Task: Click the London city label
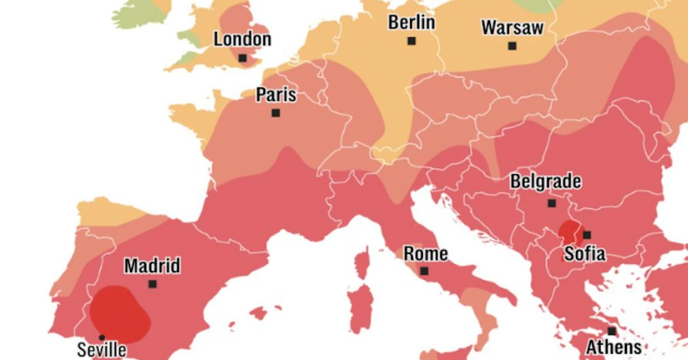(242, 40)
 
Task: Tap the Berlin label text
(411, 23)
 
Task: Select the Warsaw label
(512, 28)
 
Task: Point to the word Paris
(276, 95)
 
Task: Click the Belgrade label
(546, 182)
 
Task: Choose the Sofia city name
(584, 253)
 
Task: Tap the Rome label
(425, 254)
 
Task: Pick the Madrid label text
(152, 266)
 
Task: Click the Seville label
(101, 350)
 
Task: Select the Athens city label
(613, 347)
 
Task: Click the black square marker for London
(243, 58)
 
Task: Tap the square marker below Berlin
(411, 41)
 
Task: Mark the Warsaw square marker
(512, 46)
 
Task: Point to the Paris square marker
(276, 113)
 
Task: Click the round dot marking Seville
(101, 337)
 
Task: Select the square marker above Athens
(612, 331)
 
